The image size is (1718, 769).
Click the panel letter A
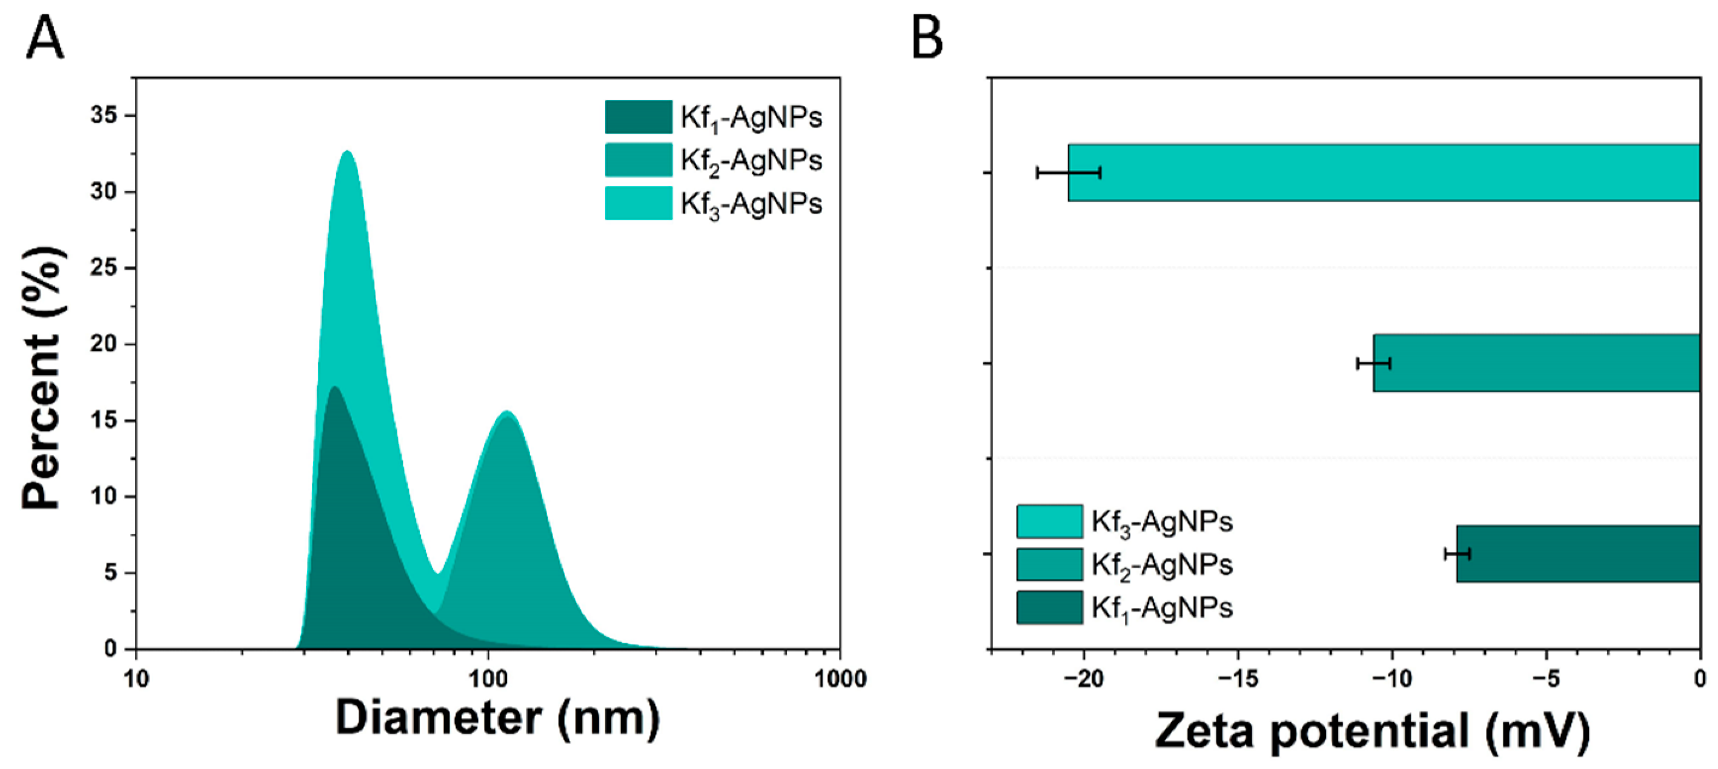tap(45, 39)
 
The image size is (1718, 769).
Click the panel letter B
tap(926, 39)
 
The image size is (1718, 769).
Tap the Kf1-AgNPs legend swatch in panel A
tap(638, 118)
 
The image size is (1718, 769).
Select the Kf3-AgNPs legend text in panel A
tap(751, 204)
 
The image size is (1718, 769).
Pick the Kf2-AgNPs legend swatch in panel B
tap(1049, 565)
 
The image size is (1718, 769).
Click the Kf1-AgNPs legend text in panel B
tap(1162, 608)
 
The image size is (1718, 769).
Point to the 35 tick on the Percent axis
tap(104, 115)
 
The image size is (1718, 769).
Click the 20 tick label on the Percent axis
tap(104, 344)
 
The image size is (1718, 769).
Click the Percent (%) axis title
tap(44, 379)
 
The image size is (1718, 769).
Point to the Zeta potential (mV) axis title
tap(1372, 731)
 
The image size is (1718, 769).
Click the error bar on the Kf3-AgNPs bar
tap(1069, 173)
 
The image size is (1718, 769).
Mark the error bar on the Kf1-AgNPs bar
tap(1458, 554)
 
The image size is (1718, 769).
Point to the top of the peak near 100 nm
tap(507, 412)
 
